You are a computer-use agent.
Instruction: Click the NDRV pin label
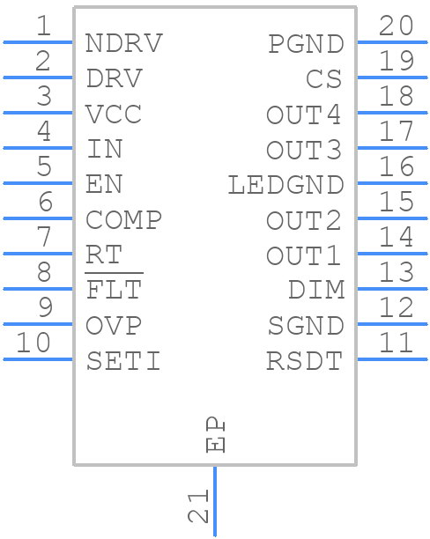pos(124,43)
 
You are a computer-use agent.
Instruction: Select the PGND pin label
pos(305,43)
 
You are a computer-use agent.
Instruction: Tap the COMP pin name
pos(124,219)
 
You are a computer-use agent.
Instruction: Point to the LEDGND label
pos(285,185)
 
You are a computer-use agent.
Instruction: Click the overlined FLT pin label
pos(114,290)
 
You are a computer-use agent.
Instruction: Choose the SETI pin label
pos(123,360)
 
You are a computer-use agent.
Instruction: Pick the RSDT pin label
pos(305,360)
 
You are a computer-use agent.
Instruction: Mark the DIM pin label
pos(315,290)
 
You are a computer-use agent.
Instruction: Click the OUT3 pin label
pos(305,150)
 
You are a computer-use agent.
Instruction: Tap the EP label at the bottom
pos(215,434)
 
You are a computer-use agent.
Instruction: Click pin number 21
pos(199,506)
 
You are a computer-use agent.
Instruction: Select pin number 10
pos(34,343)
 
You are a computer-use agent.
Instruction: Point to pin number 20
pos(396,26)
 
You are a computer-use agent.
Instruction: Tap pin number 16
pos(396,166)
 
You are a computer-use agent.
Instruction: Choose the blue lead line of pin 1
pos(38,41)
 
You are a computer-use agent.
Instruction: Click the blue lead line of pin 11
pos(391,358)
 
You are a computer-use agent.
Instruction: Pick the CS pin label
pos(324,79)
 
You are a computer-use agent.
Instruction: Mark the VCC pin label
pos(114,114)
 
